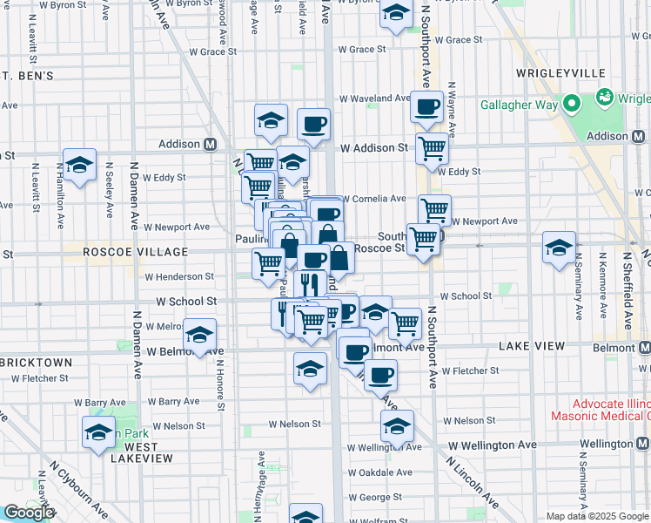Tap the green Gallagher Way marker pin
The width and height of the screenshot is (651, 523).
(x=572, y=105)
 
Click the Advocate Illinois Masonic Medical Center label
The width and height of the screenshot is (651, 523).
(x=601, y=410)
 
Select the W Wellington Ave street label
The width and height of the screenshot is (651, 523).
(x=493, y=445)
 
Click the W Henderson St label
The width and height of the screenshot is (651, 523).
(x=179, y=276)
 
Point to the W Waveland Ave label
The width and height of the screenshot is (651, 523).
(x=374, y=98)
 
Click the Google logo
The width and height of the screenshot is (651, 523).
(x=29, y=513)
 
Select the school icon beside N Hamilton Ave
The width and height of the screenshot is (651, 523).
(x=79, y=164)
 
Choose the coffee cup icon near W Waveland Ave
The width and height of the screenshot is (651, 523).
(x=426, y=108)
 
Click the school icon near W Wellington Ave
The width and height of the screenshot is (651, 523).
(x=397, y=427)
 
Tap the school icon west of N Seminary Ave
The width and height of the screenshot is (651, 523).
(x=559, y=248)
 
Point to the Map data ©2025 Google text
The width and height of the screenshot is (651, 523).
(x=596, y=516)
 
